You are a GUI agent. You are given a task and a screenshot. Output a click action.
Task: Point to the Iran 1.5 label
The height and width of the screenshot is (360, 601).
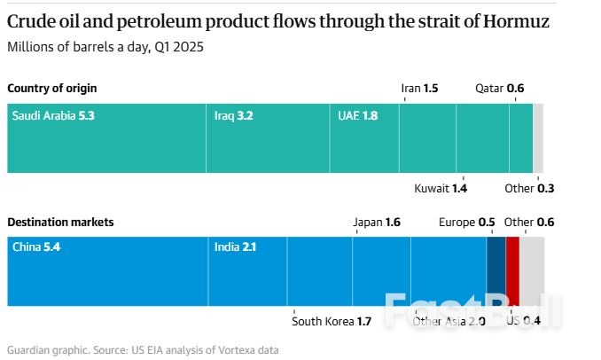pyautogui.click(x=419, y=88)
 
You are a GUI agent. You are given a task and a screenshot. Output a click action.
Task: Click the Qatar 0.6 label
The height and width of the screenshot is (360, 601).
pyautogui.click(x=500, y=88)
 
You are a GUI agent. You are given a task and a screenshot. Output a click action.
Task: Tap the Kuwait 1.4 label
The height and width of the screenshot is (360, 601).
pyautogui.click(x=441, y=188)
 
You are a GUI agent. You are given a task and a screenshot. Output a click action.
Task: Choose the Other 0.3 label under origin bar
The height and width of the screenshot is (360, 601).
pyautogui.click(x=529, y=188)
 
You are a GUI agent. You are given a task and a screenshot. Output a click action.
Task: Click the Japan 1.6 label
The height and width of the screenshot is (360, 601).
pyautogui.click(x=377, y=223)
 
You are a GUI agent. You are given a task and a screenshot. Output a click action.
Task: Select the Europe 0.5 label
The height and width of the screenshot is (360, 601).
pyautogui.click(x=466, y=223)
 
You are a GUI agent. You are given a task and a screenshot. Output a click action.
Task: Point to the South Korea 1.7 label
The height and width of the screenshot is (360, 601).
pyautogui.click(x=332, y=320)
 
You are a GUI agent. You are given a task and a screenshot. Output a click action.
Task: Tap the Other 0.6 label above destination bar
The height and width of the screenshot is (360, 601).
pyautogui.click(x=528, y=223)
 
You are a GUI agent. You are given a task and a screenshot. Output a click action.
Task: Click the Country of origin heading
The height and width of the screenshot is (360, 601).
pyautogui.click(x=52, y=88)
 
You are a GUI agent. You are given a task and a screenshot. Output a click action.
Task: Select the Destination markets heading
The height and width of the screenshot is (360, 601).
pyautogui.click(x=60, y=223)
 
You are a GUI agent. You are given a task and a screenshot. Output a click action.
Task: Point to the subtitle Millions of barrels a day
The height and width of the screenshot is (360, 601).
pyautogui.click(x=105, y=47)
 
